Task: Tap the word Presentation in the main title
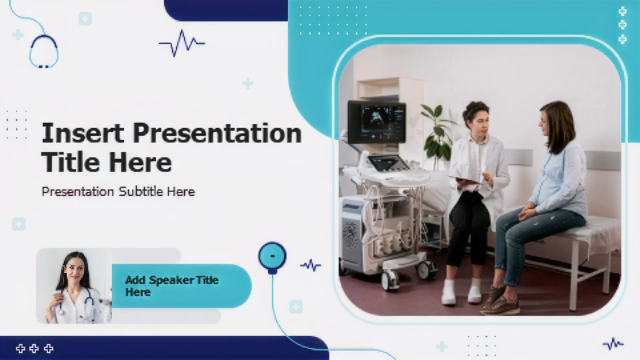point(217,133)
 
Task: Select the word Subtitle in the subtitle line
point(141,191)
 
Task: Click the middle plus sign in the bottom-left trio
point(34,349)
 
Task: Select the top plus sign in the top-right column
point(622,12)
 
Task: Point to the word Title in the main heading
point(70,162)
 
